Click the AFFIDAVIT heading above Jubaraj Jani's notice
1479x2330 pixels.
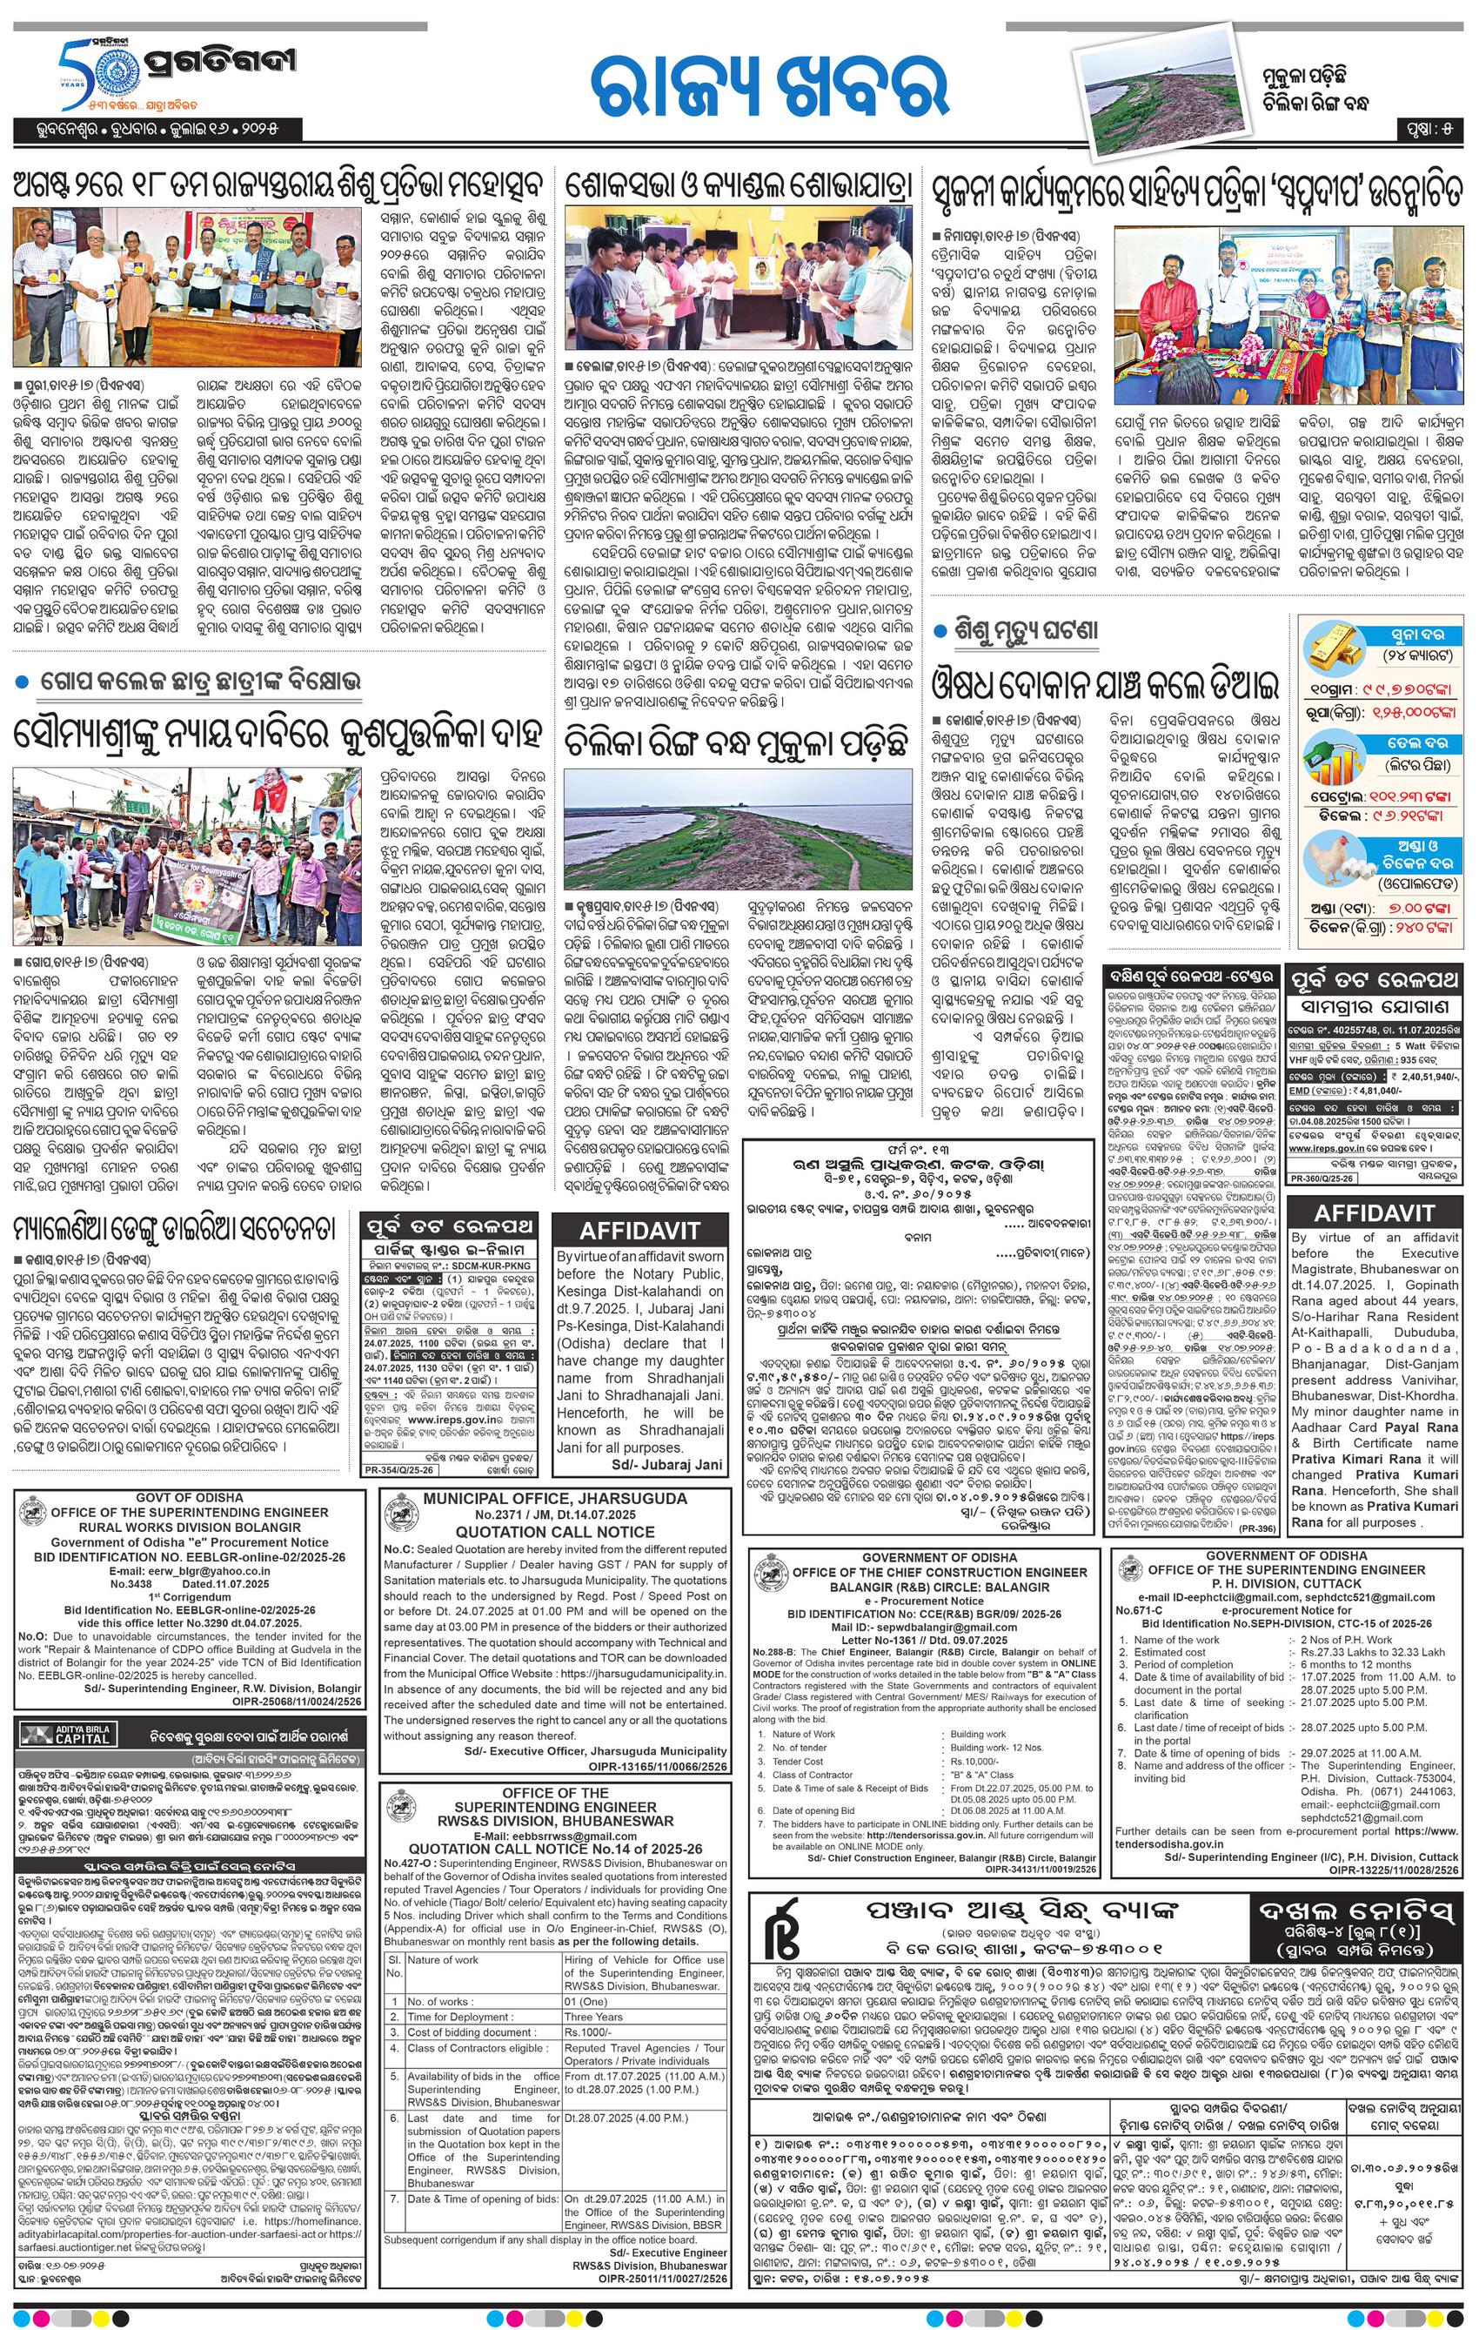(639, 1231)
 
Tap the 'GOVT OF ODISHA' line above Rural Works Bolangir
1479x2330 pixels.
(190, 1497)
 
